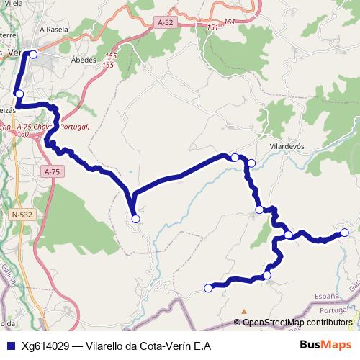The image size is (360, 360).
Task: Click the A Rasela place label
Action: [53, 30]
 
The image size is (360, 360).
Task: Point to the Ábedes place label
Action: [83, 60]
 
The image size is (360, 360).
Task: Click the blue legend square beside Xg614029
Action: [10, 346]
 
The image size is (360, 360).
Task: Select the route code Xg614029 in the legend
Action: [44, 346]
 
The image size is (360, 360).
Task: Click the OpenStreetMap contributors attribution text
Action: [297, 323]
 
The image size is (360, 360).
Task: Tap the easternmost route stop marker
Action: [345, 232]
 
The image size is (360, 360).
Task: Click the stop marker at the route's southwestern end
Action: [208, 288]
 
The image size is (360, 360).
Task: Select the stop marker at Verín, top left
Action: [33, 54]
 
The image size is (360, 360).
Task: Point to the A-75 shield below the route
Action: [52, 172]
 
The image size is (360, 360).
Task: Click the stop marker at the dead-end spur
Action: [135, 218]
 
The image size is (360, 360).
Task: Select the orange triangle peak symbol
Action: [244, 312]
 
